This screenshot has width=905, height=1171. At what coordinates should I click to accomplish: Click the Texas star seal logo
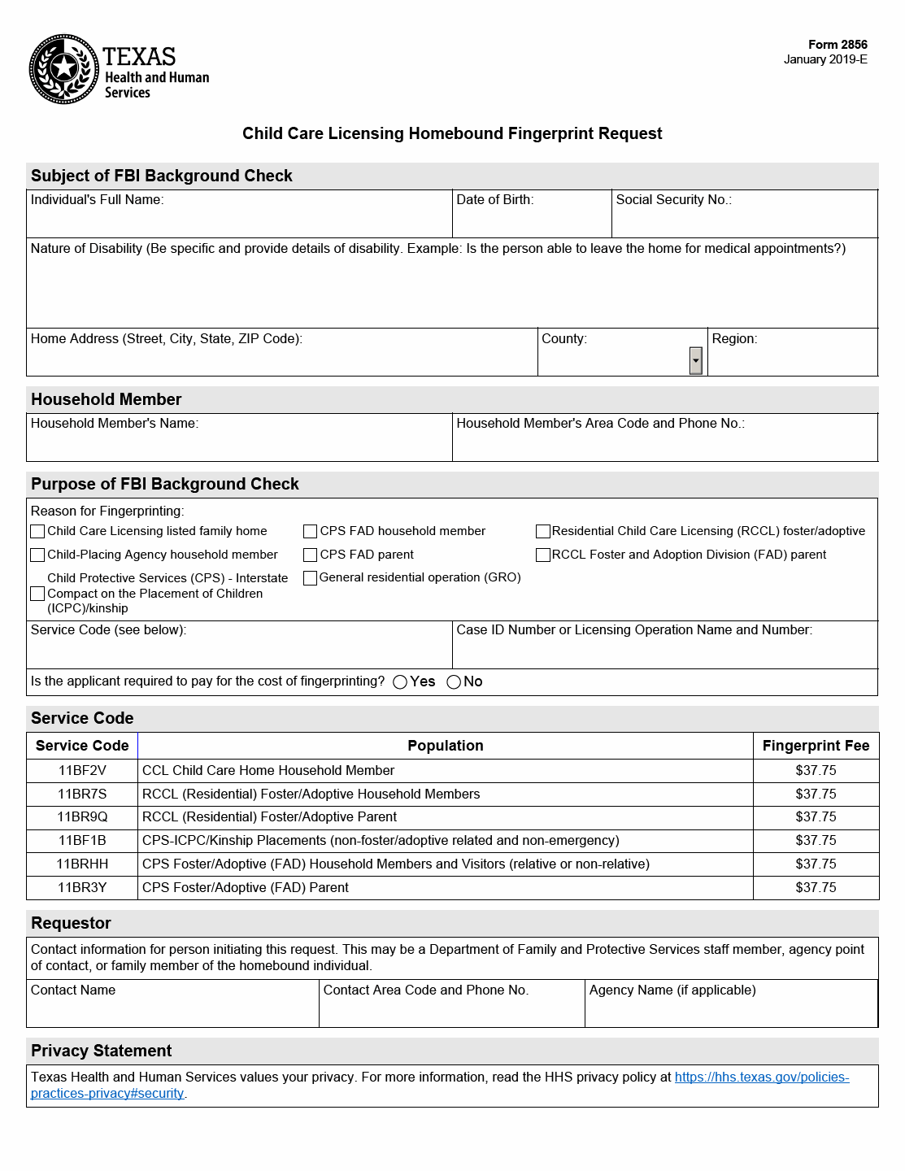[x=64, y=69]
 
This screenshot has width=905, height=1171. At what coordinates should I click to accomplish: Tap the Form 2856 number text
[x=838, y=45]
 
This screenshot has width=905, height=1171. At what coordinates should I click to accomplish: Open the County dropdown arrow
[x=695, y=360]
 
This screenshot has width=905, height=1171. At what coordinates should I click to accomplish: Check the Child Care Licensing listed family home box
[x=37, y=531]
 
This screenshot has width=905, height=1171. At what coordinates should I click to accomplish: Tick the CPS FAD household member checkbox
[x=310, y=531]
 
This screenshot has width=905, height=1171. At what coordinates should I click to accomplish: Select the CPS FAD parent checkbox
[x=310, y=555]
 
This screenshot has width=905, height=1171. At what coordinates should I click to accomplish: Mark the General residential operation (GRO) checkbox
[x=310, y=578]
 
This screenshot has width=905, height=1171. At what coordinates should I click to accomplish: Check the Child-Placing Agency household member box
[x=37, y=555]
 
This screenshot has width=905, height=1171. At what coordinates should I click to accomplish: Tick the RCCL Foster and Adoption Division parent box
[x=543, y=555]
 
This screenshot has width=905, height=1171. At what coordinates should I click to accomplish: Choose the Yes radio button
[x=400, y=682]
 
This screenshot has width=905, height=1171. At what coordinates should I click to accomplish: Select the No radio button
[x=454, y=682]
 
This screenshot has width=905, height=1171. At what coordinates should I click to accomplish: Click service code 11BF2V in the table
[x=82, y=770]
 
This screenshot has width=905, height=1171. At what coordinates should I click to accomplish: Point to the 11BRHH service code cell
[x=82, y=864]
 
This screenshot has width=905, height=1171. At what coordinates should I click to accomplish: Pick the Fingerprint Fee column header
[x=816, y=746]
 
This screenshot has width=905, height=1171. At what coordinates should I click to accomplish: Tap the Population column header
[x=445, y=746]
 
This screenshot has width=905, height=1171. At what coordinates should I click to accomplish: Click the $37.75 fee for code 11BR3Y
[x=816, y=887]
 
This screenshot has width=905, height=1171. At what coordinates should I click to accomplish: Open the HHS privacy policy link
[x=761, y=1077]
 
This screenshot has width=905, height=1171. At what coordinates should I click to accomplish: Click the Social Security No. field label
[x=673, y=200]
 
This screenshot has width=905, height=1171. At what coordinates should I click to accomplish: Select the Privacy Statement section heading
[x=101, y=1051]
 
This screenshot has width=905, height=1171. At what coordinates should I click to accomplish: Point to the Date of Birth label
[x=494, y=200]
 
